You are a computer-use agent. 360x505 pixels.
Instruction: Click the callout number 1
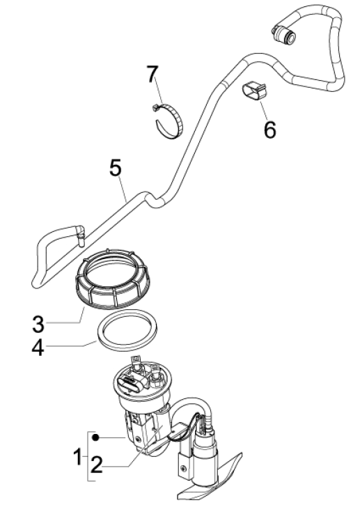pos(77,458)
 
